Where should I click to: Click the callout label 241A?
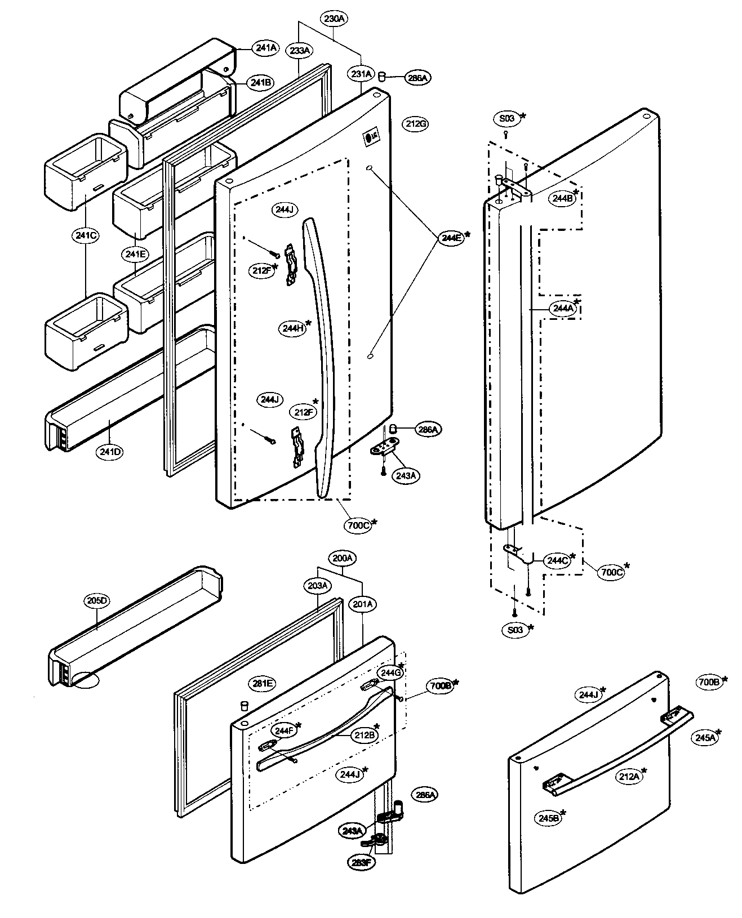266,48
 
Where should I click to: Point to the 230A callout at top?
334,19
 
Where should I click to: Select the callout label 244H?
292,328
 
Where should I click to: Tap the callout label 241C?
85,235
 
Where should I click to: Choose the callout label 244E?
452,238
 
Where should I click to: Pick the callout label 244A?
562,308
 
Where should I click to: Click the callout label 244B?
562,198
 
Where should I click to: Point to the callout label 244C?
557,560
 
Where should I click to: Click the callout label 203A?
318,586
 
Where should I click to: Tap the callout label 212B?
365,734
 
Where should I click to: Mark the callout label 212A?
629,777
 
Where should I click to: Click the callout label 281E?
262,684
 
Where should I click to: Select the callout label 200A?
342,558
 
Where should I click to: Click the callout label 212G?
416,124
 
